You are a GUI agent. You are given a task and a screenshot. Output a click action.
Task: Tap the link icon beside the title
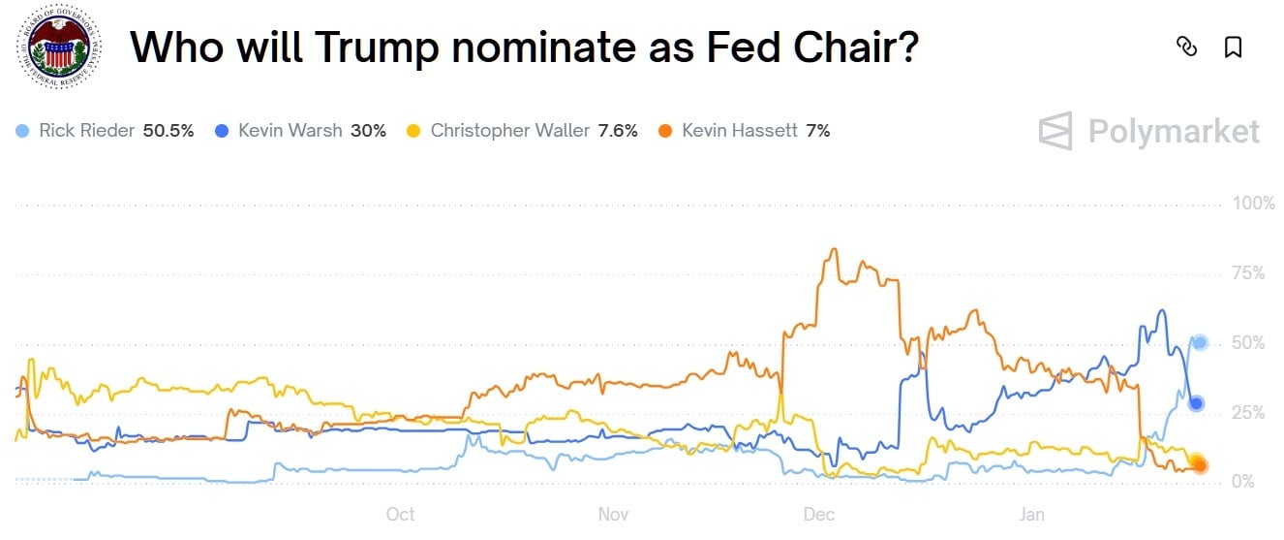(x=1186, y=47)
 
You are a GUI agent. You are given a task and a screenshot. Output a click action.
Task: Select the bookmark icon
(x=1233, y=47)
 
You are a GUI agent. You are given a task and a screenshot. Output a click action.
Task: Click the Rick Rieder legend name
(x=86, y=130)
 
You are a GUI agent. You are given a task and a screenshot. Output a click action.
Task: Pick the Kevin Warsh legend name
(x=290, y=130)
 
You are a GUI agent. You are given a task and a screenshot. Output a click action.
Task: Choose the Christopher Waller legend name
(x=509, y=130)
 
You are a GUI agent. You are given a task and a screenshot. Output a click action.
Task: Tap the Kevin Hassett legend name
(x=741, y=130)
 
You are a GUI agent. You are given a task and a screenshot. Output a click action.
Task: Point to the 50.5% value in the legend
(x=168, y=130)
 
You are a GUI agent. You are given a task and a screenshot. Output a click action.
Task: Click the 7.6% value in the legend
(x=618, y=130)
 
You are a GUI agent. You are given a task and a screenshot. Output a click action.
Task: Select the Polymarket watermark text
(x=1174, y=131)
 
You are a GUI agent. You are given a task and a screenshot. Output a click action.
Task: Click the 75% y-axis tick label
(x=1248, y=273)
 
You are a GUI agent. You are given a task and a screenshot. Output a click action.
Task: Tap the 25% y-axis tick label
(x=1248, y=413)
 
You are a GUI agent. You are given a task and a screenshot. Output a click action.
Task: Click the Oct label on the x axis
(x=400, y=514)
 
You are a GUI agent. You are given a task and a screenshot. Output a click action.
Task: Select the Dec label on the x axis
(x=819, y=514)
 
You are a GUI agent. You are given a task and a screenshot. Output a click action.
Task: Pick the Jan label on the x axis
(x=1032, y=514)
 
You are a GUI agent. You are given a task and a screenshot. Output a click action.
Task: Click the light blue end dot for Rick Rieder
(x=1200, y=342)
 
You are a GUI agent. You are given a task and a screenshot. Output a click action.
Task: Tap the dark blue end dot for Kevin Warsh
(x=1197, y=403)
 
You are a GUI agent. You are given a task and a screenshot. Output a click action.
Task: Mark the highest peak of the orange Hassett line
(x=833, y=249)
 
